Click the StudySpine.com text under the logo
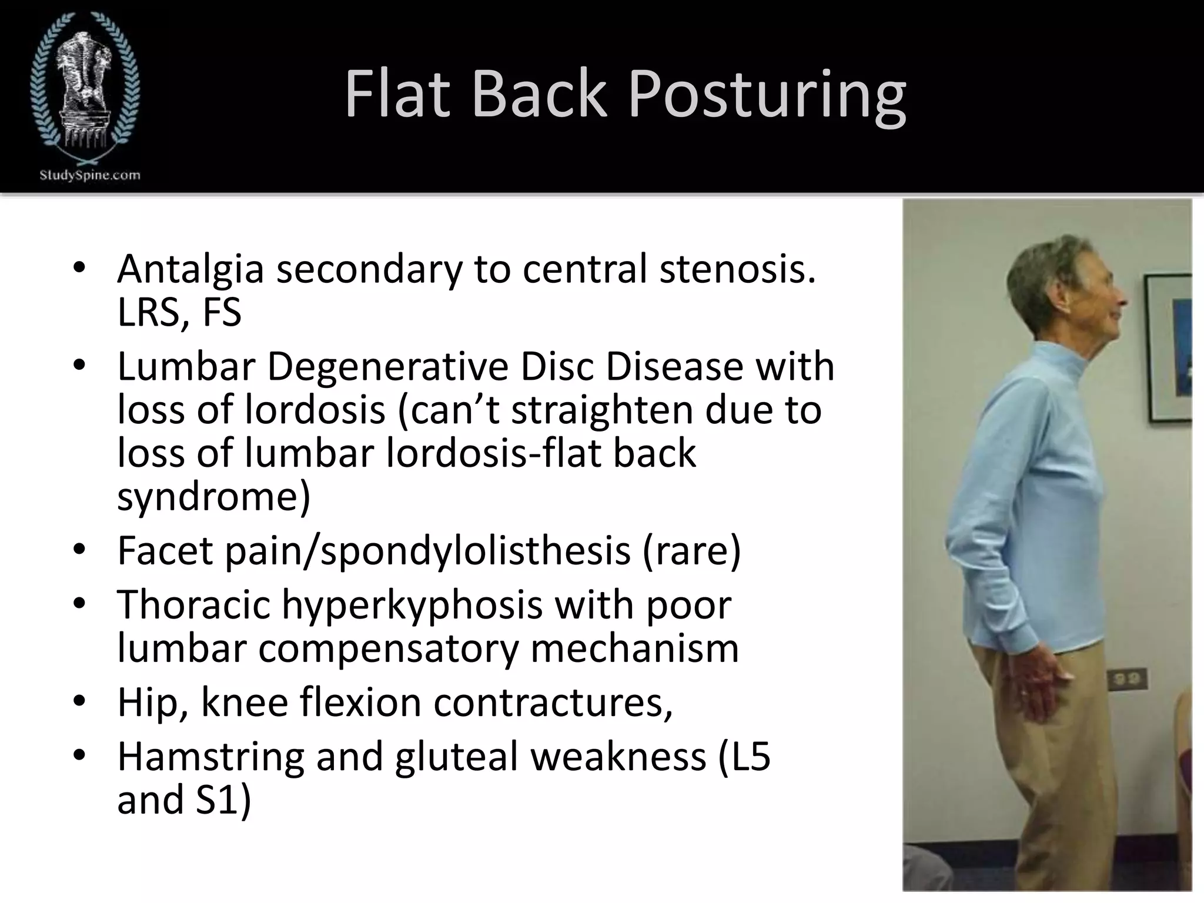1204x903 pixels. click(x=90, y=175)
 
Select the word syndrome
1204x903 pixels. click(x=213, y=497)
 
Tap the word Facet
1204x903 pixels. click(x=165, y=551)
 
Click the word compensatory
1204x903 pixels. click(x=389, y=648)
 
